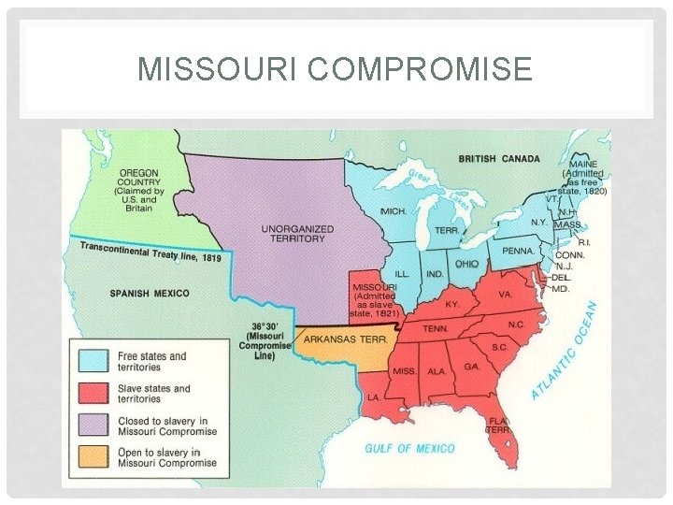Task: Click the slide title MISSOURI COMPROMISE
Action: (335, 68)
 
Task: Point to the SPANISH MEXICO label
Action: (150, 294)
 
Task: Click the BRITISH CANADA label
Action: (499, 159)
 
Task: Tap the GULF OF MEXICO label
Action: (409, 449)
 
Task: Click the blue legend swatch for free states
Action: (93, 361)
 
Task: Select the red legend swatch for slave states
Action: (93, 393)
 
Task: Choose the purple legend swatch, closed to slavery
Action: (93, 425)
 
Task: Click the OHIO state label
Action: (466, 265)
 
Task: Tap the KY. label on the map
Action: (452, 305)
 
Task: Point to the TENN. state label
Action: (436, 328)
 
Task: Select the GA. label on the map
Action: (471, 368)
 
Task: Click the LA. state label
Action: (373, 397)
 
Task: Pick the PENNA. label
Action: (518, 252)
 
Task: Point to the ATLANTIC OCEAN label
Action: (566, 351)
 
